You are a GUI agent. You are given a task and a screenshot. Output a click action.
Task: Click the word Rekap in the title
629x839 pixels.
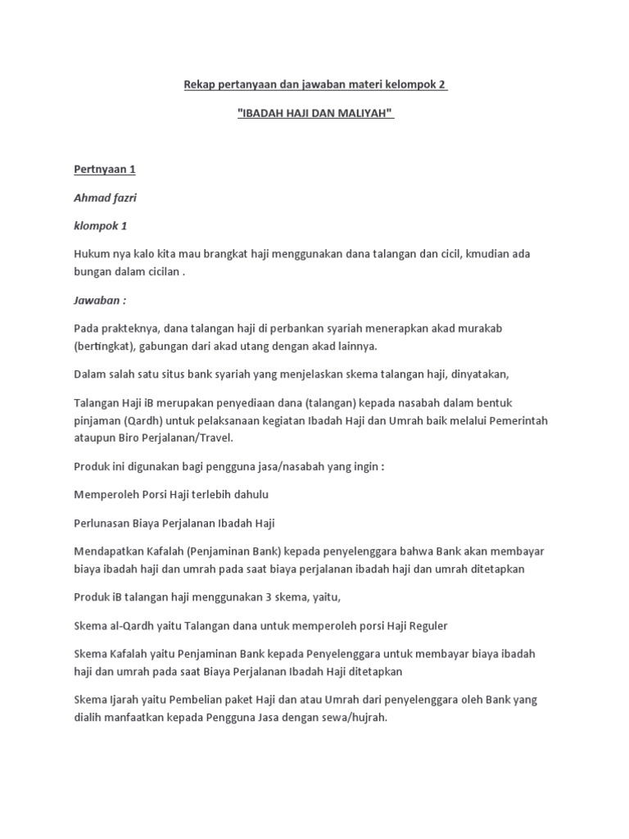click(197, 84)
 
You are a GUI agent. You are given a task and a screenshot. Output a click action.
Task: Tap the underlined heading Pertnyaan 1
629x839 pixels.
click(104, 170)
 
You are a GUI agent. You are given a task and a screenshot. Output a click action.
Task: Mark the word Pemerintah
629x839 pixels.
click(517, 420)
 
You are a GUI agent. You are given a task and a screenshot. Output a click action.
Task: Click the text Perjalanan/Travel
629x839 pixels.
click(193, 438)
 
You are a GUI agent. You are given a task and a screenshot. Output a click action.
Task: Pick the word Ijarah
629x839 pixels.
click(120, 701)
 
